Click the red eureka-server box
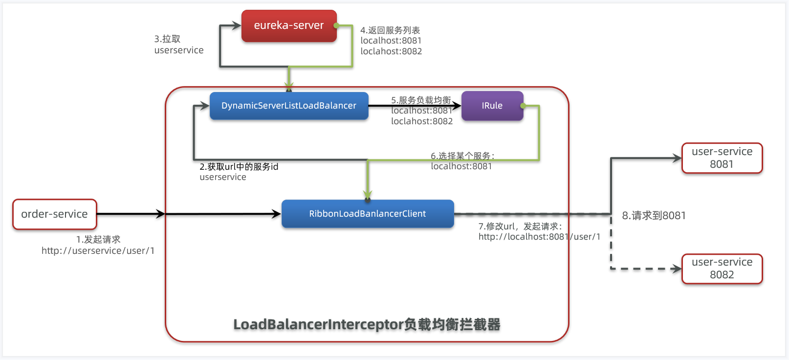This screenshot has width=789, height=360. [288, 26]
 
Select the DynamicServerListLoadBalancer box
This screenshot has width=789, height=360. [288, 106]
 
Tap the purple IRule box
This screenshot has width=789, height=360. [492, 106]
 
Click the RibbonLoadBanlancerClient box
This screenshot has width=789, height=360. [367, 214]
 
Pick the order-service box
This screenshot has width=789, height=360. [54, 214]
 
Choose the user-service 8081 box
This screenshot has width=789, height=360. [722, 158]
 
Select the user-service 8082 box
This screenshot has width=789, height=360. [722, 269]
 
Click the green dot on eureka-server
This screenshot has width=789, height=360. [336, 25]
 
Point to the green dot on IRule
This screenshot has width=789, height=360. [523, 106]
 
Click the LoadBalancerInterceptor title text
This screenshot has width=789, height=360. [367, 324]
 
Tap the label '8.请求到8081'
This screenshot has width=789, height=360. [654, 216]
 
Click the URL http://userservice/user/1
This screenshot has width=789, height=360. [98, 251]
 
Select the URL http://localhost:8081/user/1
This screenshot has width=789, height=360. [539, 237]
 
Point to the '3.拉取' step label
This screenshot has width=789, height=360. [167, 39]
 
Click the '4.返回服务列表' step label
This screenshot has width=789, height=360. [390, 30]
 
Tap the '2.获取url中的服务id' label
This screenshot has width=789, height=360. [239, 167]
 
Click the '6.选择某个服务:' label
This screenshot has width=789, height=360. [462, 156]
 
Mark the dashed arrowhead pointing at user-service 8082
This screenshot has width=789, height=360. [677, 269]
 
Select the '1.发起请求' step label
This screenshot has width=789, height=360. [98, 240]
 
